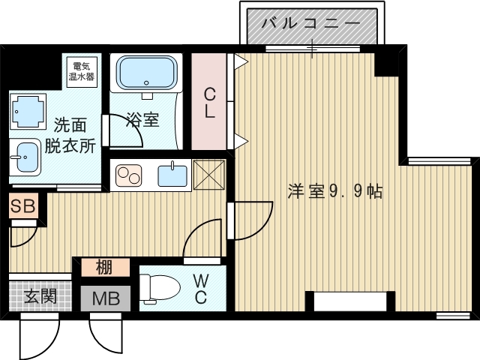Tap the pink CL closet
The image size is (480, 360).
210,102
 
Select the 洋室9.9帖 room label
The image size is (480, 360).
335,191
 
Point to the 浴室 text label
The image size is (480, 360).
142,118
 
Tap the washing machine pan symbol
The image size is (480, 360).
28,111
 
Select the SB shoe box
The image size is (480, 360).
22,207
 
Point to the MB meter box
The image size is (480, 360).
104,298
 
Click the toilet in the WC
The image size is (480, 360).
160,288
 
